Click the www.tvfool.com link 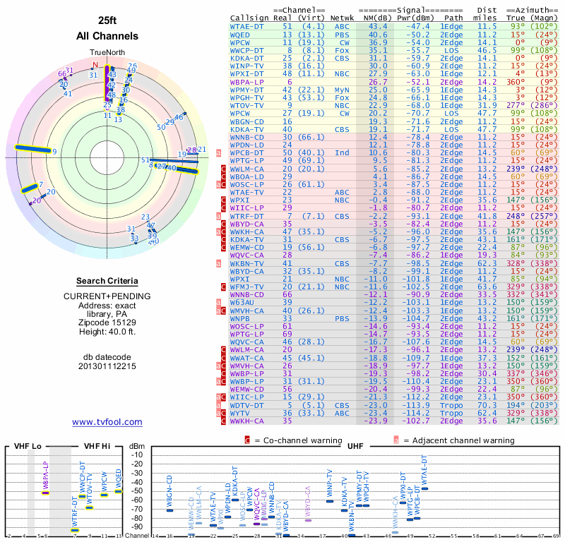pos(107,422)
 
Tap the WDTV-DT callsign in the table pos(249,405)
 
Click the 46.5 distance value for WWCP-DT pos(487,50)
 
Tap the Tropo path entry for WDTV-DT pos(452,405)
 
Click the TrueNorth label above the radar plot pos(107,53)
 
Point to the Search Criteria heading pos(107,280)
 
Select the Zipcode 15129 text pos(107,322)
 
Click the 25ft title pos(107,20)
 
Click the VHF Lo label pos(27,446)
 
